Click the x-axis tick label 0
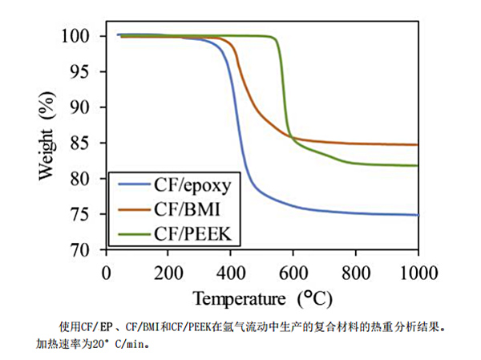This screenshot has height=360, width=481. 106,270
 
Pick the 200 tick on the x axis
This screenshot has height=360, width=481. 168,270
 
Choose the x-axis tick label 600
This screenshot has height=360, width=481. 293,270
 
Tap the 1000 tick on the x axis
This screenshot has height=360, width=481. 418,270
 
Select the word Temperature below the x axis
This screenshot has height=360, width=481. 241,298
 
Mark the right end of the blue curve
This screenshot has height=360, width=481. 418,215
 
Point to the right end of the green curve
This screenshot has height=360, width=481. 418,165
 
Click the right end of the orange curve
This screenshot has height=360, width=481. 418,145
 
